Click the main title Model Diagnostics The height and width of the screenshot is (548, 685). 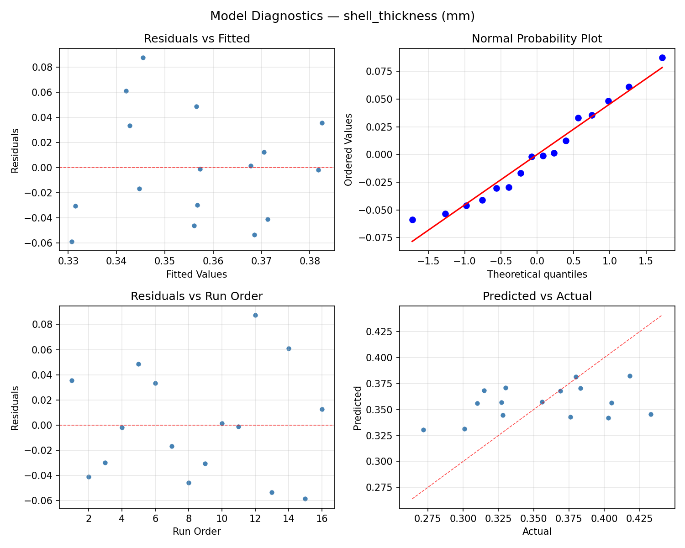342,16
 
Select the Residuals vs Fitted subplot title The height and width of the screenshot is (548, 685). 197,39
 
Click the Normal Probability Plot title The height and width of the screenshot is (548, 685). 537,39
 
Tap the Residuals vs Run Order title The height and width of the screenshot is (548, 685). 197,296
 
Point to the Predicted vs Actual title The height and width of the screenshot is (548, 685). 537,296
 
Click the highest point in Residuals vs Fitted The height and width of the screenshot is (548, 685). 143,58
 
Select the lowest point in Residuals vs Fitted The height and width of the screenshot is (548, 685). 72,242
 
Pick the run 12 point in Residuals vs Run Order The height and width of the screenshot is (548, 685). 255,315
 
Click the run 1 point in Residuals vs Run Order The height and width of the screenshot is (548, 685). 72,380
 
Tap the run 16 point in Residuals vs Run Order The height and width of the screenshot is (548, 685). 322,409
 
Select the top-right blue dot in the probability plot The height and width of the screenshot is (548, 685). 662,58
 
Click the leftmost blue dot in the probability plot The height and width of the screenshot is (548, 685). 412,220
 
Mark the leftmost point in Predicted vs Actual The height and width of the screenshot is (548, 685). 423,430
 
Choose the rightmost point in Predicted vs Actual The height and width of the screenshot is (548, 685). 651,414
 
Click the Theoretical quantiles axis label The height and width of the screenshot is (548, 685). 537,274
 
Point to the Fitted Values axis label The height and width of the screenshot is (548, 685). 197,274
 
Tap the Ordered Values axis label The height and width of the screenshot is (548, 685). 349,150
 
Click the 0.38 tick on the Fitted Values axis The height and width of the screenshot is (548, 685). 310,261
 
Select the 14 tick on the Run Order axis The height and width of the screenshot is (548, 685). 289,519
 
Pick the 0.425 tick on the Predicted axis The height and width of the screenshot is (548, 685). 381,331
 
